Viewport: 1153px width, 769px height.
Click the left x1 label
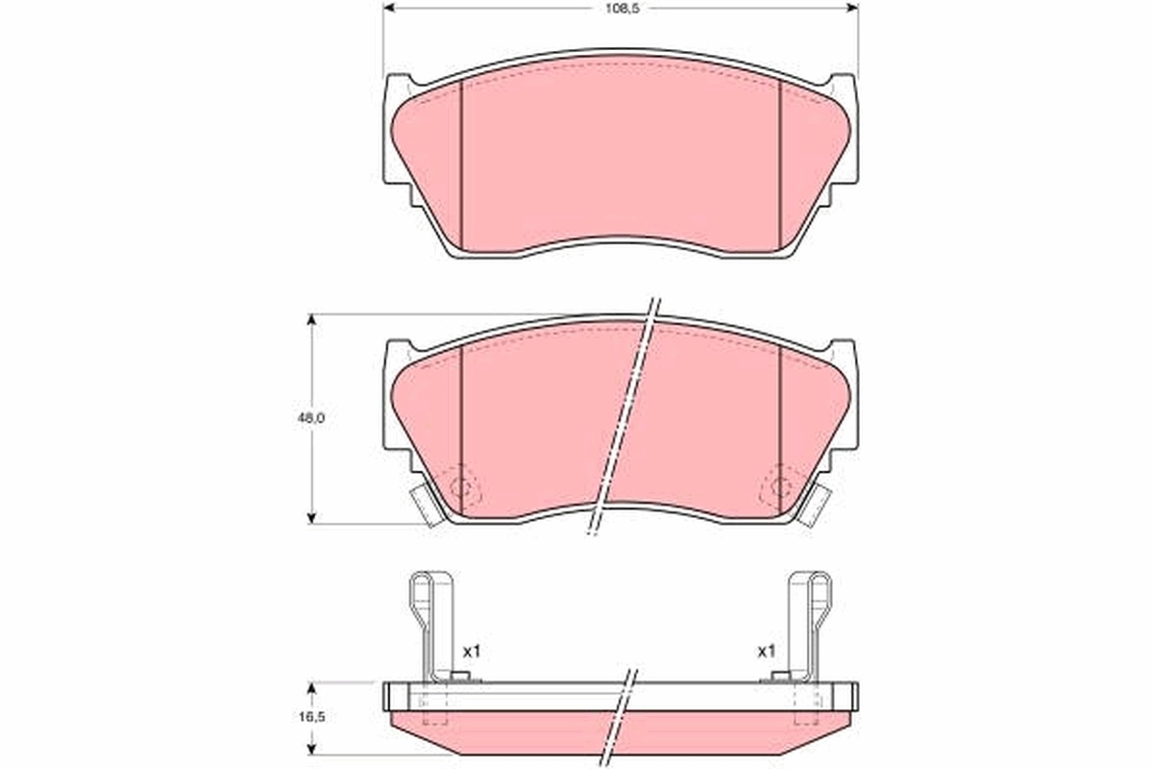(471, 651)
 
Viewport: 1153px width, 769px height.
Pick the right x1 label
(766, 651)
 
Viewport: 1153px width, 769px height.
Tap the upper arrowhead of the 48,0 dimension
(311, 320)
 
